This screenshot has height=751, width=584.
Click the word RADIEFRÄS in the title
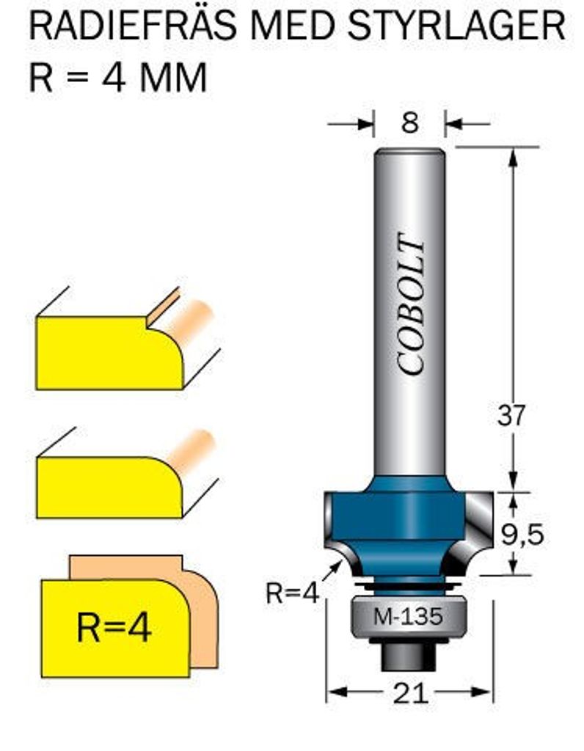pyautogui.click(x=131, y=27)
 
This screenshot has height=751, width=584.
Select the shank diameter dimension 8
pyautogui.click(x=409, y=123)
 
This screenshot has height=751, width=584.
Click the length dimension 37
pyautogui.click(x=511, y=416)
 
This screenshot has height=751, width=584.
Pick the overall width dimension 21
pyautogui.click(x=409, y=693)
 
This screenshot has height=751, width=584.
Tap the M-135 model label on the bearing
pyautogui.click(x=409, y=617)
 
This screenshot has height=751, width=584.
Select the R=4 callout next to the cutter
pyautogui.click(x=292, y=593)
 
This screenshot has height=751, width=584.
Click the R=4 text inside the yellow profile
pyautogui.click(x=113, y=628)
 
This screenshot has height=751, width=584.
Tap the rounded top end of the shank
pyautogui.click(x=409, y=154)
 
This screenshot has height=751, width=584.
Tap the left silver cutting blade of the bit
pyautogui.click(x=335, y=528)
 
